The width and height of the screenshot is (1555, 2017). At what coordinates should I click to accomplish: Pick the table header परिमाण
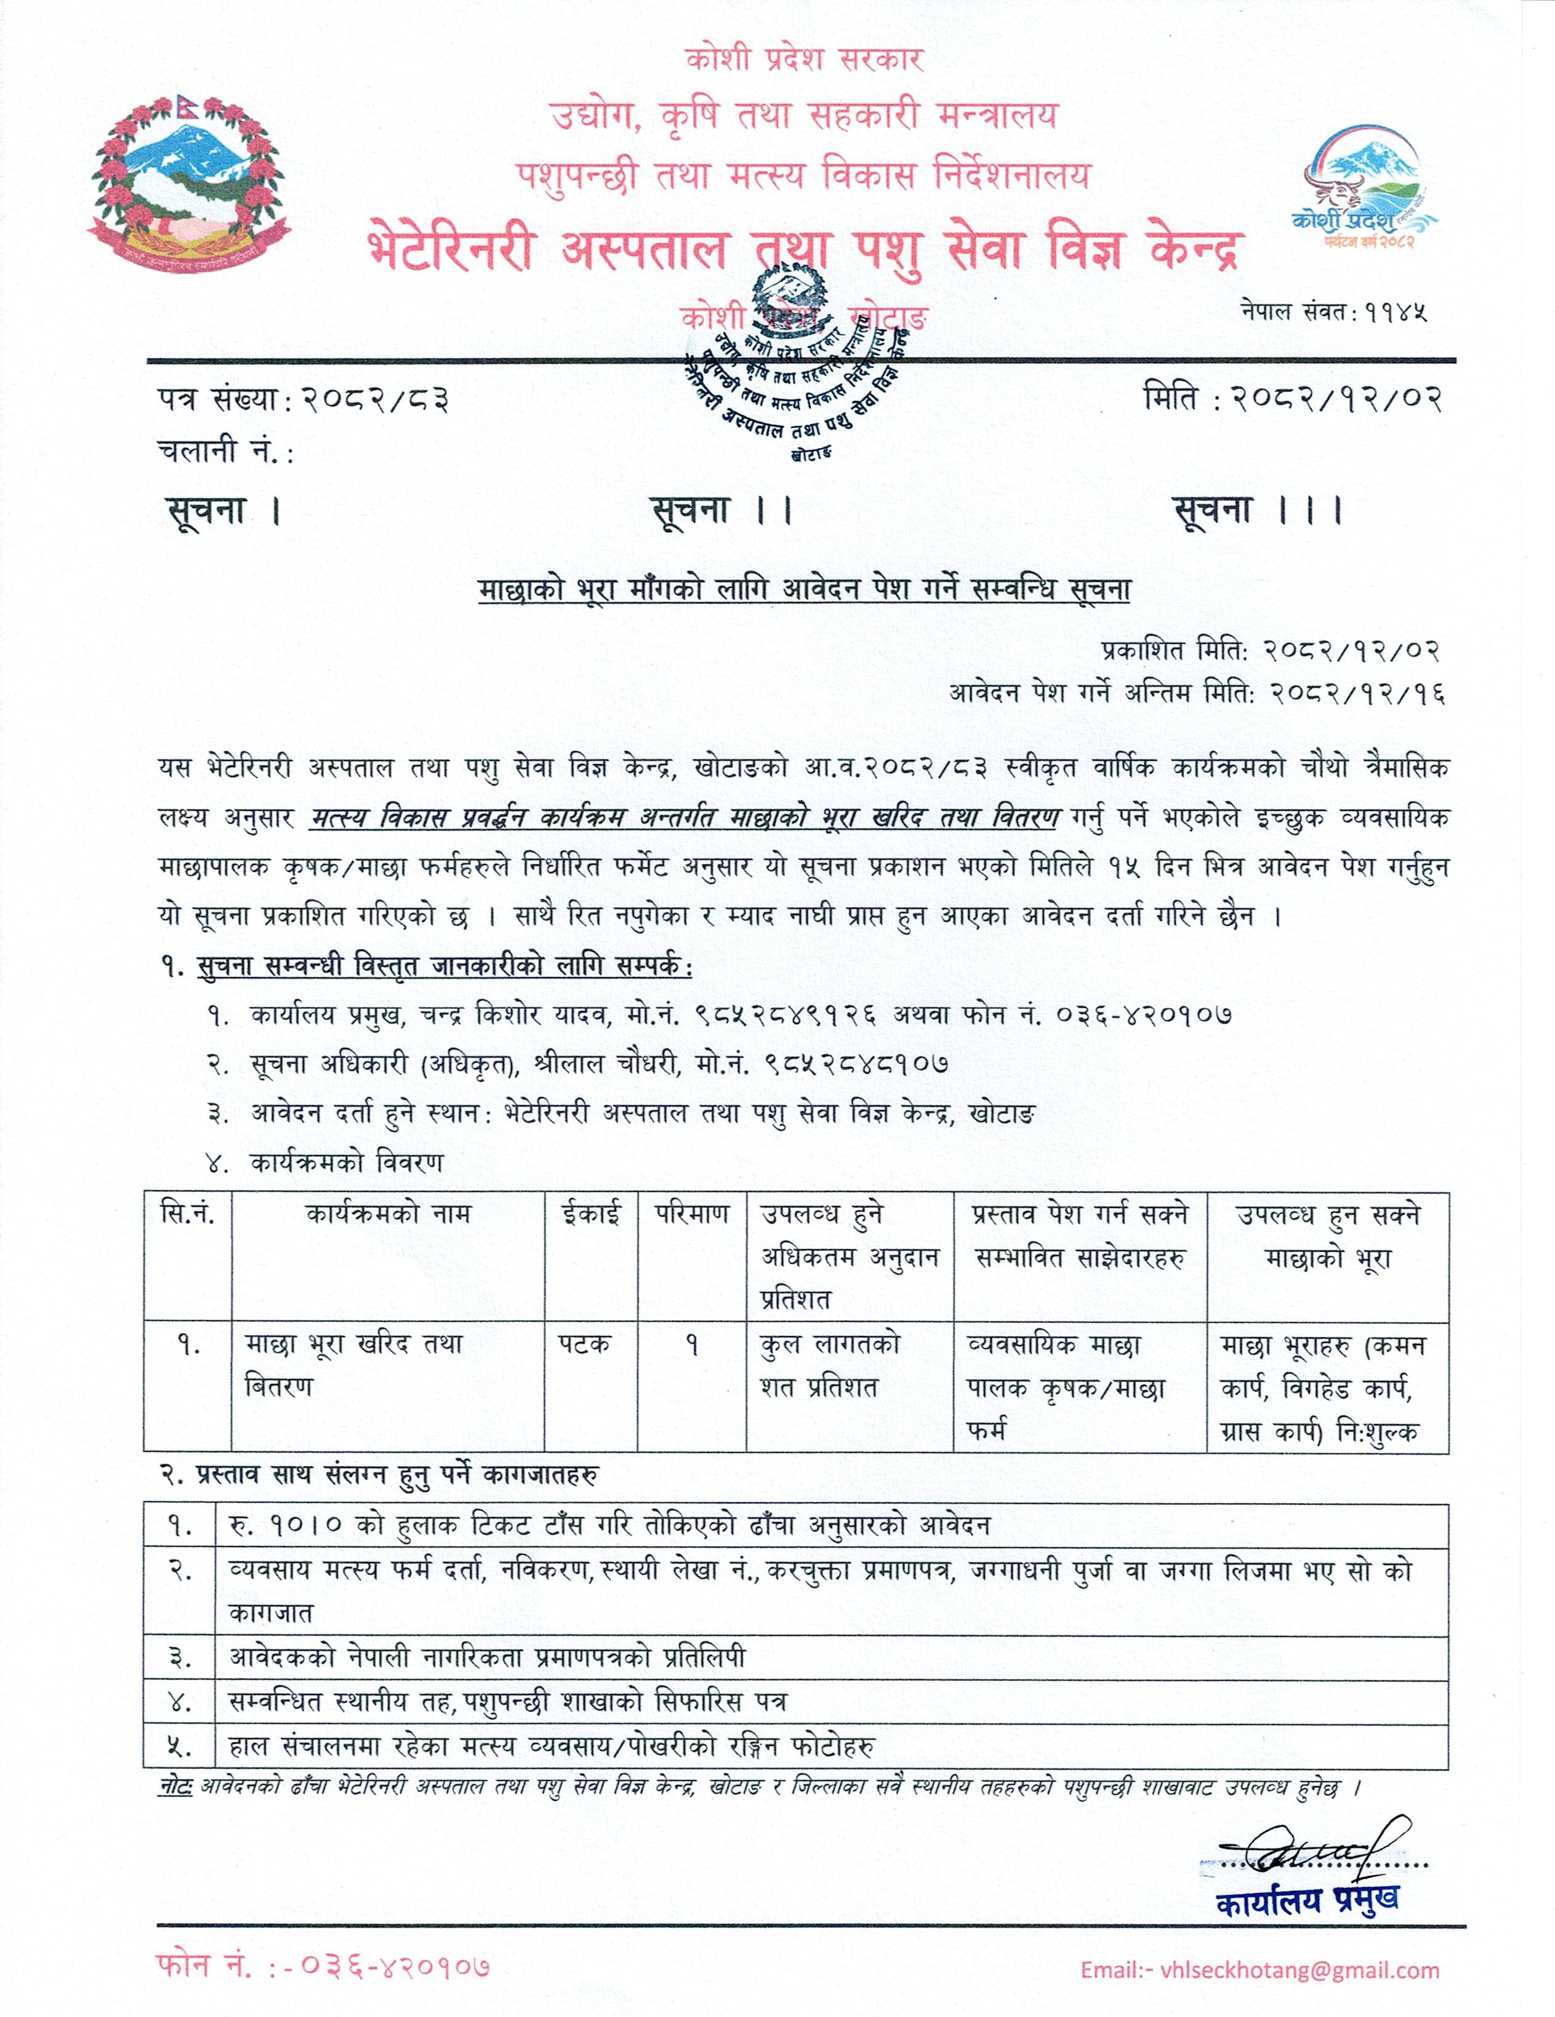[x=692, y=1214]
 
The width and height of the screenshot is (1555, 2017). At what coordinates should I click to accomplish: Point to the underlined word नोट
[x=175, y=1787]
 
